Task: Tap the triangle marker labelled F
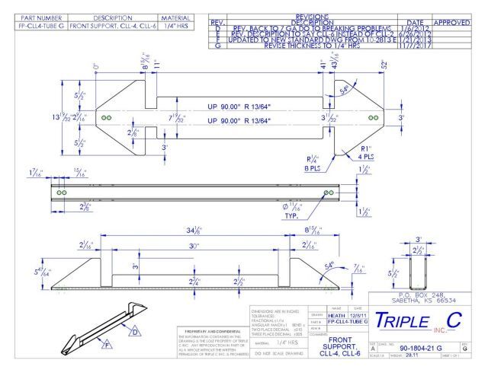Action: [107, 346]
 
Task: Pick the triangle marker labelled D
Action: [135, 332]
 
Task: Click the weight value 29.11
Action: [413, 355]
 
